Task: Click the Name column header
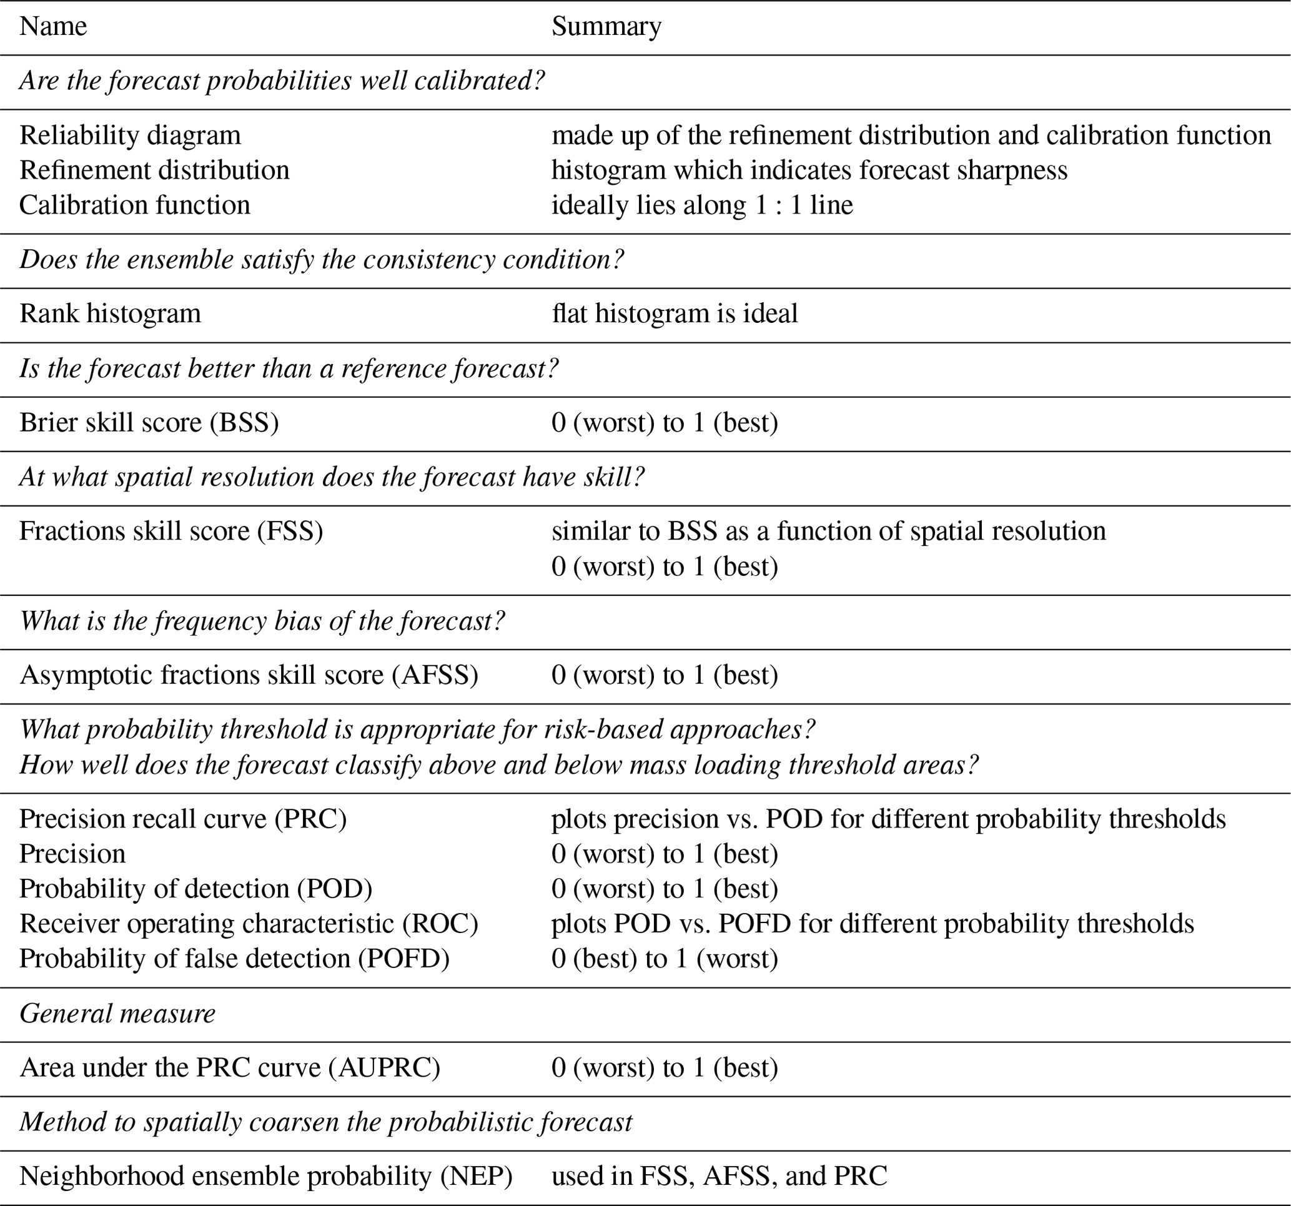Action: coord(52,27)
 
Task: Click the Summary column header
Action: coord(606,27)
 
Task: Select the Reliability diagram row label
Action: coord(130,135)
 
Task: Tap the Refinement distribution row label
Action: coord(154,170)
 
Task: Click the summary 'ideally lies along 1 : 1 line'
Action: coord(701,205)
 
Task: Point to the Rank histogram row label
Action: coord(110,314)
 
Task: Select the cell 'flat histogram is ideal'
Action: coord(674,314)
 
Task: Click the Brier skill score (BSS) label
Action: coord(149,423)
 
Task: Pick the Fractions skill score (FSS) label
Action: coord(171,531)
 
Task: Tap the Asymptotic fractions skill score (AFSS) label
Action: coord(249,675)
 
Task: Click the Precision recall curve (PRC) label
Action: coord(182,819)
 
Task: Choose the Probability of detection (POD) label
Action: coord(195,889)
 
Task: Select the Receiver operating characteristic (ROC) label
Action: coord(249,924)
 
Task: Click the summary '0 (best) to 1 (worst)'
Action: coord(665,959)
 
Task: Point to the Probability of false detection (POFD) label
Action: coord(234,959)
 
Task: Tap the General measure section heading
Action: coord(117,1014)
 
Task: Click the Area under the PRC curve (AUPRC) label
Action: coord(230,1068)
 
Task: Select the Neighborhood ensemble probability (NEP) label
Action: coord(265,1176)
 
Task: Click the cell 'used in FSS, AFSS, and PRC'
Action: coord(719,1176)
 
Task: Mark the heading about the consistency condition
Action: coord(321,260)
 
